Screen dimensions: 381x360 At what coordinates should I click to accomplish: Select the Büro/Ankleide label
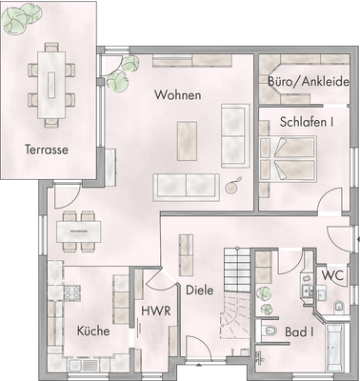308,83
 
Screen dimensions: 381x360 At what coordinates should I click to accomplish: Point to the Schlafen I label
307,122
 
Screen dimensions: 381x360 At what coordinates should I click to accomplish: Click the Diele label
199,290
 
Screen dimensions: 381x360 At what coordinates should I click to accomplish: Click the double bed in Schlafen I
287,156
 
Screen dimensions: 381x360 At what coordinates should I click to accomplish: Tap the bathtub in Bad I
333,348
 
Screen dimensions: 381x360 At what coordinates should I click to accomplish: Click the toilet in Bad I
272,331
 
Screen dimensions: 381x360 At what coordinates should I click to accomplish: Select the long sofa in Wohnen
186,184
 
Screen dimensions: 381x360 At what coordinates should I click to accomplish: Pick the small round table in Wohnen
234,189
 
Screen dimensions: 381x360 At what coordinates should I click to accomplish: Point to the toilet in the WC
340,306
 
